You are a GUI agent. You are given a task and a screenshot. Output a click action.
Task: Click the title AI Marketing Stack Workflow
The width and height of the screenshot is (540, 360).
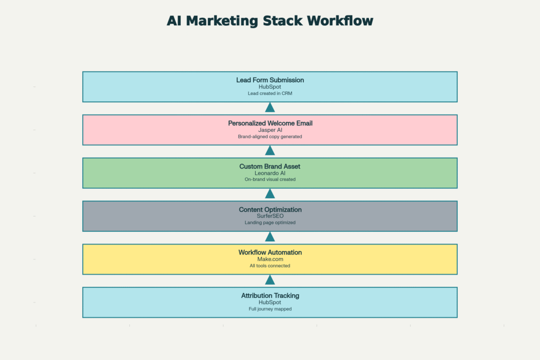click(x=270, y=21)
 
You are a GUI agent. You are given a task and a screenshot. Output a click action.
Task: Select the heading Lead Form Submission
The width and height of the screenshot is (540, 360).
click(x=270, y=80)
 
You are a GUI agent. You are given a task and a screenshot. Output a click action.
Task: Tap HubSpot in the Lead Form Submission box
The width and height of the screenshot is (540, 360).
click(x=270, y=86)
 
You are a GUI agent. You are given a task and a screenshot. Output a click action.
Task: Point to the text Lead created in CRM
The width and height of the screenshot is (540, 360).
click(x=270, y=93)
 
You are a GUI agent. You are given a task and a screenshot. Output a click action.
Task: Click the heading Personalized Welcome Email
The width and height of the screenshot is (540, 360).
click(x=270, y=123)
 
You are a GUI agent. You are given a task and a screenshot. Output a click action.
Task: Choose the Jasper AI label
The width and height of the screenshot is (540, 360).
click(x=270, y=130)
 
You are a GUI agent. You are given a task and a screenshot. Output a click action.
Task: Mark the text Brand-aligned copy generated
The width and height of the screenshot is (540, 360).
click(x=270, y=137)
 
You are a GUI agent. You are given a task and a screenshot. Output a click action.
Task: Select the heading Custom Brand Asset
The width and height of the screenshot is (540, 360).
click(x=270, y=167)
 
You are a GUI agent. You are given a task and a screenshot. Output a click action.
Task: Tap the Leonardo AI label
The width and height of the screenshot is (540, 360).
click(x=270, y=173)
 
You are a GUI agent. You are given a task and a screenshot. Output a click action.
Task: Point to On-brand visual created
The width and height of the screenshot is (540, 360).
click(x=270, y=180)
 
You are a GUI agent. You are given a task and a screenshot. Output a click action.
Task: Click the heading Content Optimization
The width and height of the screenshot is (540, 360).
click(x=270, y=210)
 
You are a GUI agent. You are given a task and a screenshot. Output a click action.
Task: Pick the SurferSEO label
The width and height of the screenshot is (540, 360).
click(x=270, y=216)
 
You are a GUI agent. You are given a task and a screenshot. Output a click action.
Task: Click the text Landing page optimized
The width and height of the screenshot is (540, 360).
click(x=270, y=223)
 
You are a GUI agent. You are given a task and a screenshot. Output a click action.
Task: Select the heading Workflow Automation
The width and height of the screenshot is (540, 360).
click(x=270, y=252)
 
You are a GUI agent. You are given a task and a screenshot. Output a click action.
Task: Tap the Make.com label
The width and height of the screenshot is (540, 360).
click(x=270, y=259)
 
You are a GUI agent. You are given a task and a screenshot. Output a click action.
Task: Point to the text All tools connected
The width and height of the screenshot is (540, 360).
click(x=270, y=266)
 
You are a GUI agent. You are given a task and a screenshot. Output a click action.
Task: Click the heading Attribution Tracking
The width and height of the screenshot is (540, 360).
click(x=270, y=296)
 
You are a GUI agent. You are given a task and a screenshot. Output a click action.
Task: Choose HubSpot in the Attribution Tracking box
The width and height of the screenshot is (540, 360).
click(x=270, y=303)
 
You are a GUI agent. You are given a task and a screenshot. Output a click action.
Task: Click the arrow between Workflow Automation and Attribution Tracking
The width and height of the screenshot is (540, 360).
click(x=270, y=280)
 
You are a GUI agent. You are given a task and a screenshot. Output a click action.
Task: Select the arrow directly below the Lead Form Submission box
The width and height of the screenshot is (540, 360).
click(x=270, y=108)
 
